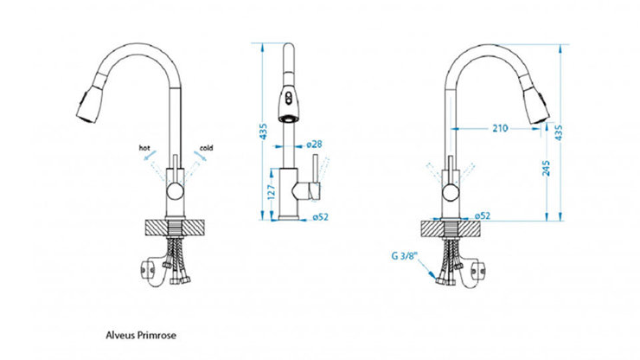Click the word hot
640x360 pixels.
[x=144, y=148]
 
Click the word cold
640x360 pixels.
[x=206, y=148]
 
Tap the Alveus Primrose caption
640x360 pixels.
[x=141, y=336]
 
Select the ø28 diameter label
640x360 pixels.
[x=314, y=145]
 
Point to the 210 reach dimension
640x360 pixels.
[x=500, y=128]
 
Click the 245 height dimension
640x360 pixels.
[x=546, y=168]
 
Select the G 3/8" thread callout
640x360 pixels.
[x=406, y=256]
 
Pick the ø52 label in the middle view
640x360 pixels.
[x=320, y=217]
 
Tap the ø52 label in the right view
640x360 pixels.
[x=483, y=215]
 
